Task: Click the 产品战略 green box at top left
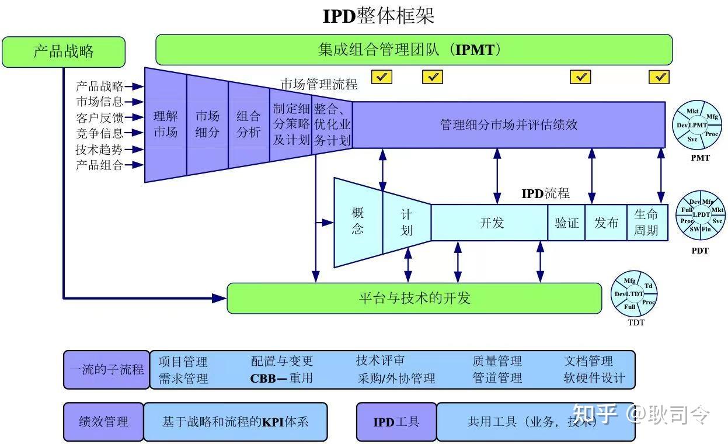point(64,52)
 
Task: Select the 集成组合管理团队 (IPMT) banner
point(413,50)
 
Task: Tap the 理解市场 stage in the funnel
point(165,124)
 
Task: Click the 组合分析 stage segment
point(249,124)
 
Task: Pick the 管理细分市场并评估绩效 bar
point(508,124)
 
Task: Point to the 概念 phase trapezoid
point(357,221)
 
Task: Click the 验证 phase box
point(566,223)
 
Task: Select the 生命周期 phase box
point(646,223)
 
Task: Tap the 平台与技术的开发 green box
point(414,299)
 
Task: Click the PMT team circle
point(697,125)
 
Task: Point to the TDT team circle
point(635,294)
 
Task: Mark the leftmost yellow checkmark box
point(382,77)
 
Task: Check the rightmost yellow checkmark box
point(659,77)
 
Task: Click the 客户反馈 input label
point(99,118)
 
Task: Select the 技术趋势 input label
point(99,150)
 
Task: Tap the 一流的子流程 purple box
point(106,370)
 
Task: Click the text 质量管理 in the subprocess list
point(497,362)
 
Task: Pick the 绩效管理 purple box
point(103,422)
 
